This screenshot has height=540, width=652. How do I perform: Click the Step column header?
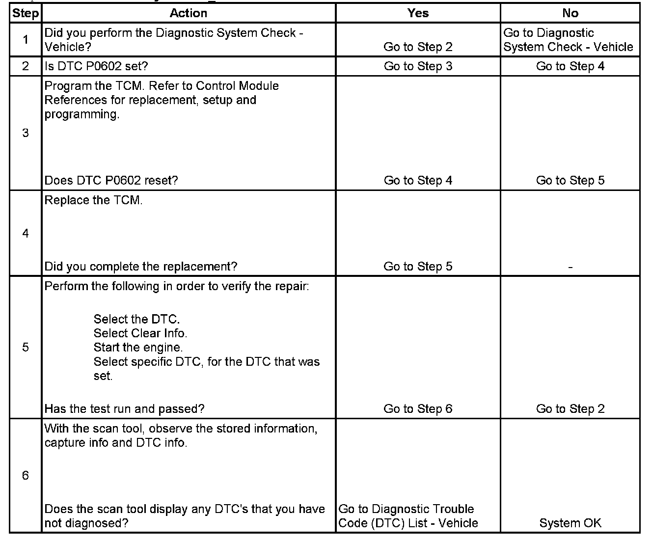26,13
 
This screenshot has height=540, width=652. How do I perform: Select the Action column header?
189,13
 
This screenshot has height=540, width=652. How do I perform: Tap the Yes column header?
418,13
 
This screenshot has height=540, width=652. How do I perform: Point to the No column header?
570,13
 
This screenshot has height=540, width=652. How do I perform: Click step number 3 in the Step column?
26,133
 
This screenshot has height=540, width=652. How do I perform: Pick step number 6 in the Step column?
26,475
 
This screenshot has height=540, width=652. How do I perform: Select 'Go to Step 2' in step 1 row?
418,47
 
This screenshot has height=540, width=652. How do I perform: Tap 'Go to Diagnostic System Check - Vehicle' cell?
568,40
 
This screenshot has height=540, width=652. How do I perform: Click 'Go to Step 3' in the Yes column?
418,66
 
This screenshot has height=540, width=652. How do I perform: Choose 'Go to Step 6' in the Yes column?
418,409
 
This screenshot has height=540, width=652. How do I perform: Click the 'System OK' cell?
570,523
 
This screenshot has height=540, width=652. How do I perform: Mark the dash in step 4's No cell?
570,268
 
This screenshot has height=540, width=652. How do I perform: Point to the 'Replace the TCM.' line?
93,200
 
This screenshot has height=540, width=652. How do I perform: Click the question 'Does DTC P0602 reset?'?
111,181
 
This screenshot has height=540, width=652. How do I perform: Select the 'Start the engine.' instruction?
138,348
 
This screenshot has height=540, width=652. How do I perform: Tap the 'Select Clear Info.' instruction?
140,333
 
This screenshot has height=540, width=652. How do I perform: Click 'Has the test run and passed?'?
124,409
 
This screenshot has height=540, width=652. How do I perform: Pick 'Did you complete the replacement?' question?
141,267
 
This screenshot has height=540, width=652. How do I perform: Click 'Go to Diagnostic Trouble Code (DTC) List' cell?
408,516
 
